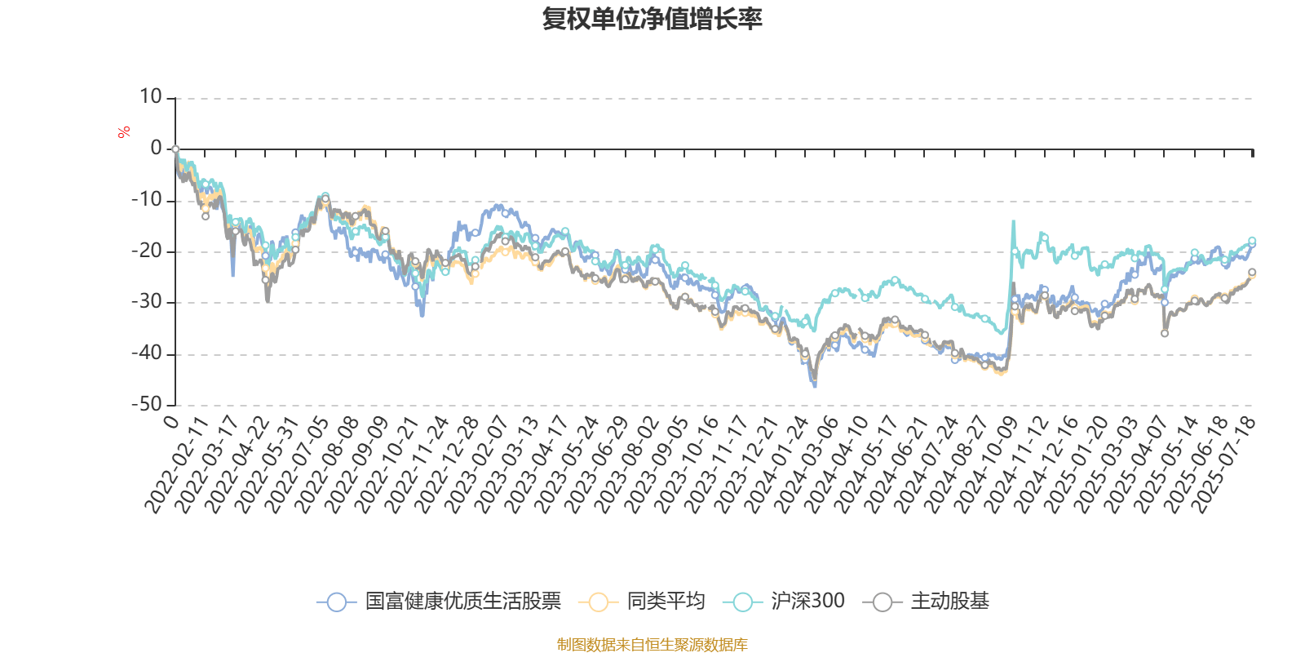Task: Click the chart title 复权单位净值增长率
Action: coord(652,20)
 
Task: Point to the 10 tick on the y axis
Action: coord(151,98)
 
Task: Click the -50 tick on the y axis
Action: coord(147,405)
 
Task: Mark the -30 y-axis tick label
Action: coord(147,303)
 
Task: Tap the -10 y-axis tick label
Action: coord(147,201)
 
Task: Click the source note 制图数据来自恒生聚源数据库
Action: coord(652,645)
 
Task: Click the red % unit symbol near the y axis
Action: coord(124,132)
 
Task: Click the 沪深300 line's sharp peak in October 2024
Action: coord(1014,221)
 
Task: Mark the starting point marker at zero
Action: coord(175,149)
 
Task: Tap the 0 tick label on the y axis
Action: coord(156,149)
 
